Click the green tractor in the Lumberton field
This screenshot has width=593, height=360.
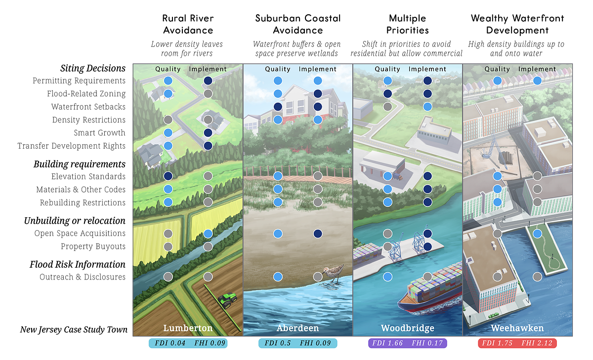coord(227,298)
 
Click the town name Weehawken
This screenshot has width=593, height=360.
coord(517,328)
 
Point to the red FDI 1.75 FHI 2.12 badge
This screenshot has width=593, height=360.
coord(517,343)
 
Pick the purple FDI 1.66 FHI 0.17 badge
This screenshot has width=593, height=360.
coord(408,343)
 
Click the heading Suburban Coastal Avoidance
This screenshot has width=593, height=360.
coord(298,24)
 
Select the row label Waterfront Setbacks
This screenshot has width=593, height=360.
coord(88,107)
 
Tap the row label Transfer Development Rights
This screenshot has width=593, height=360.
coord(72,146)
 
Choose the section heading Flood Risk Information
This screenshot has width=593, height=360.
coord(78,264)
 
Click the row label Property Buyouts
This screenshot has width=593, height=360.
coord(93,246)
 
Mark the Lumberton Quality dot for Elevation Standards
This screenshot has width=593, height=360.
coord(168,176)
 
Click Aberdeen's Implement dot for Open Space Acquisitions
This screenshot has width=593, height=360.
coord(318,233)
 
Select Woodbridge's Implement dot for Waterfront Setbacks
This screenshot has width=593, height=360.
coord(428,107)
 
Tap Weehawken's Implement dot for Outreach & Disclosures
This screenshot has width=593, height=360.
coord(538,277)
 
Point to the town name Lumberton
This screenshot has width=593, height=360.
coord(188,328)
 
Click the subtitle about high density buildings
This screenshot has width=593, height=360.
coord(516,48)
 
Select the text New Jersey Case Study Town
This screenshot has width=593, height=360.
coord(74,329)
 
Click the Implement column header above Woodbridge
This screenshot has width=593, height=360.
coord(427,69)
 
